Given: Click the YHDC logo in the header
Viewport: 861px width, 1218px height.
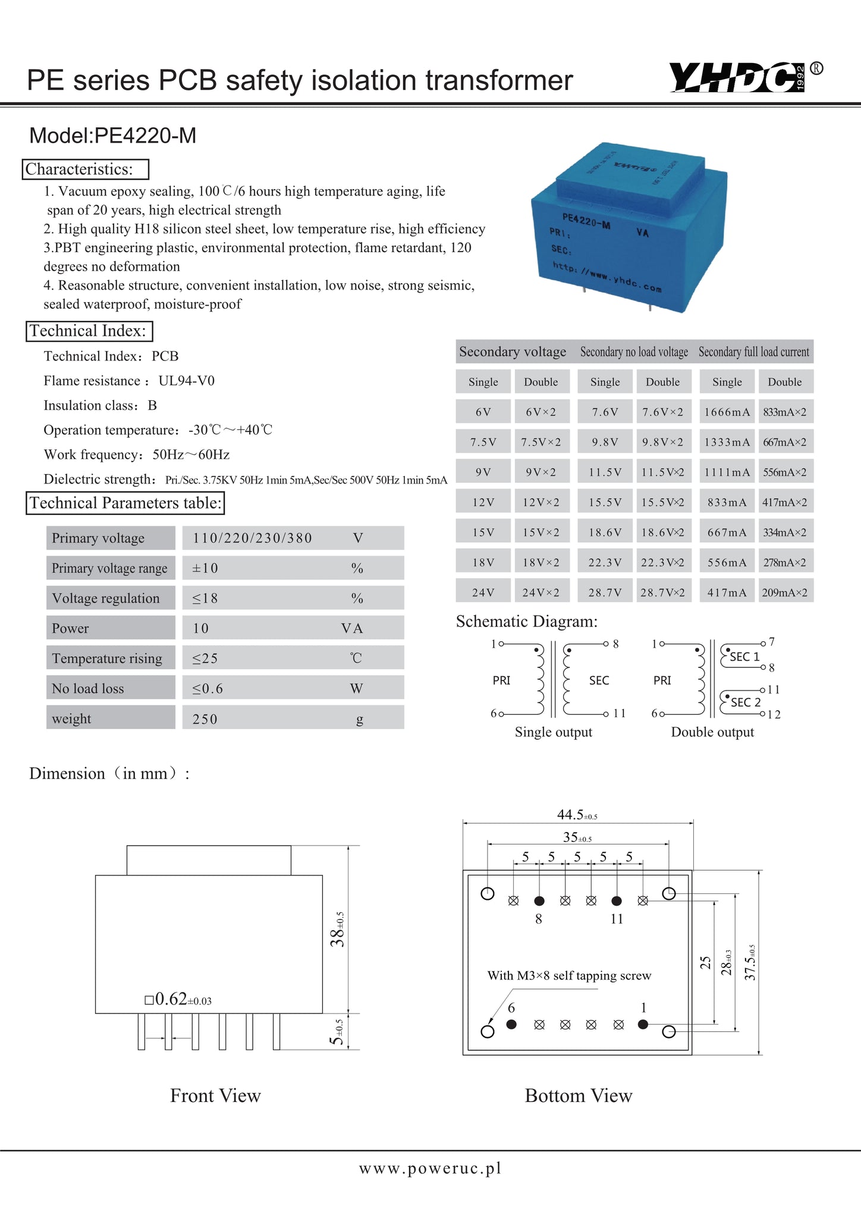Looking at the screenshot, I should [738, 77].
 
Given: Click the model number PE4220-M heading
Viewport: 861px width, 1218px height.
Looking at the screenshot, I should [113, 136].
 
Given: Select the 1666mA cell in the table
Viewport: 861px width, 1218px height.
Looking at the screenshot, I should [727, 412].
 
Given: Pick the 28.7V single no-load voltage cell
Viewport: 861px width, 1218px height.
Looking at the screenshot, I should [605, 592].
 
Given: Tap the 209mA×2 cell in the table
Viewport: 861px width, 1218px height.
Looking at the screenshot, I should [785, 592].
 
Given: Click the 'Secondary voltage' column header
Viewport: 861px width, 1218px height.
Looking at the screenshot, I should [513, 351].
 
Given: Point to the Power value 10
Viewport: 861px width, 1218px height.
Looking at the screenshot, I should [200, 628].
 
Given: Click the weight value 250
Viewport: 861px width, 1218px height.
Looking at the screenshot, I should [205, 719].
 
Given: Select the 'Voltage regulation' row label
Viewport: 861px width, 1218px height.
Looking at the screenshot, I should [106, 598].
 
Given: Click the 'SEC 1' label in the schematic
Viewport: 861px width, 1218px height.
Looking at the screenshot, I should [744, 657].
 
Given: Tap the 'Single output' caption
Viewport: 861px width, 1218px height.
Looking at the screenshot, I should [553, 732].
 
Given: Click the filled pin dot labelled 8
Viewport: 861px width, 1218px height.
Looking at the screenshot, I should [539, 900].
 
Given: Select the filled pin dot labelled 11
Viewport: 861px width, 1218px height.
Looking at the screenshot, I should [617, 900].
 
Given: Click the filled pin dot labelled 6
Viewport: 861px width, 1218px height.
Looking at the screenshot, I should [511, 1024].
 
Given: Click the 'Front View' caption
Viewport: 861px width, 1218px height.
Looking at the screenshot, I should [215, 1095].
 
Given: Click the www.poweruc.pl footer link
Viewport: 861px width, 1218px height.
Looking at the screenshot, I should [430, 1168].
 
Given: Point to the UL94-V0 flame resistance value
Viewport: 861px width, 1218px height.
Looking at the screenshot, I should [187, 381].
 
